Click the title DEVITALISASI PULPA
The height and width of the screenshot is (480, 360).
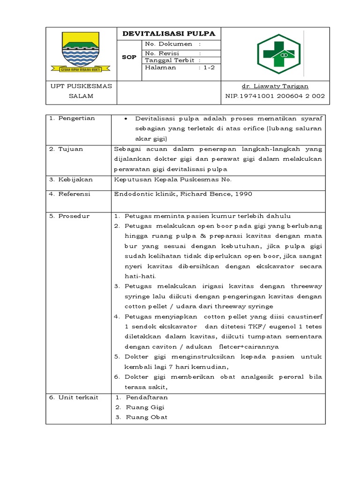tap(168, 34)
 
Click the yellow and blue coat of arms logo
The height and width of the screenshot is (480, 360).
tap(81, 52)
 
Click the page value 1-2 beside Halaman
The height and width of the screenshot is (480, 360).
tap(209, 67)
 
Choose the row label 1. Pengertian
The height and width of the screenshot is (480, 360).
tap(72, 118)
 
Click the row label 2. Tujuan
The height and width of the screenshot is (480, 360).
tap(66, 149)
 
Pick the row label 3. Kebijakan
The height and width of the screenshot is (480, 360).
tap(71, 180)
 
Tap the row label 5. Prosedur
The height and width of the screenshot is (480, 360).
tap(69, 216)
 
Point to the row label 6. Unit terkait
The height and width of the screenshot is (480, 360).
tap(74, 397)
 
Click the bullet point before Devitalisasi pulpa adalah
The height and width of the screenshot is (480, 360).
tap(127, 119)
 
